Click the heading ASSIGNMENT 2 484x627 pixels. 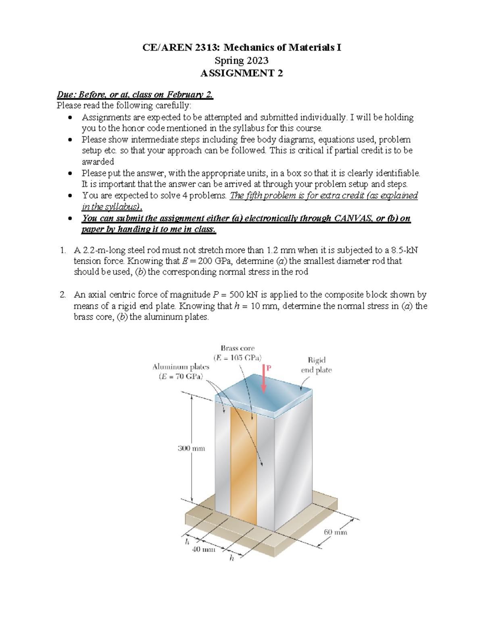(x=242, y=73)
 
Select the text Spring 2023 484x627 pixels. (x=241, y=61)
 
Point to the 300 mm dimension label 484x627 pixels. (x=191, y=448)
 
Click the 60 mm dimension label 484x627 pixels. (x=335, y=532)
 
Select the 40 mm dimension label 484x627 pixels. (x=203, y=549)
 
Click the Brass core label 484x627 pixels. (x=238, y=348)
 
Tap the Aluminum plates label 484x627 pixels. (x=181, y=367)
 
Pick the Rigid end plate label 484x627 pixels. (x=317, y=365)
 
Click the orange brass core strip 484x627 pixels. (x=244, y=464)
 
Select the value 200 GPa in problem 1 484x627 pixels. (x=214, y=261)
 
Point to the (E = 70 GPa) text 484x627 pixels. (x=181, y=377)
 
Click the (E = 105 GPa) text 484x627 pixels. (x=238, y=358)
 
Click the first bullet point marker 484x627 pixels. (x=71, y=118)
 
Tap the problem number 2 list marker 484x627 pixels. (x=63, y=295)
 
